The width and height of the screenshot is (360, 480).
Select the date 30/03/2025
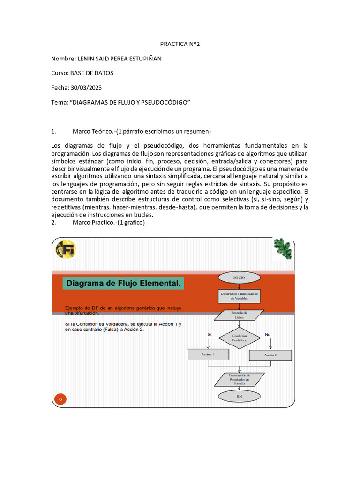click(x=86, y=88)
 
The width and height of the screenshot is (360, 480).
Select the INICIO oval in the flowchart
click(x=239, y=277)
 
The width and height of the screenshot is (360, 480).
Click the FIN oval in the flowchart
click(x=239, y=396)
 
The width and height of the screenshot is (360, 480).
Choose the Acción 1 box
click(x=208, y=355)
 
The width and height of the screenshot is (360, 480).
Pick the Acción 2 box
click(x=270, y=355)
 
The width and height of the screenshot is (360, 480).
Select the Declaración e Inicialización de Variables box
click(x=239, y=296)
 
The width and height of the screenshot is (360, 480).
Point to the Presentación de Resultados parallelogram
click(x=239, y=379)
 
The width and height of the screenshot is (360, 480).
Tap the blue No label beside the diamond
click(x=268, y=334)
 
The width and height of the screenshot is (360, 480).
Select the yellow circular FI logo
click(x=66, y=249)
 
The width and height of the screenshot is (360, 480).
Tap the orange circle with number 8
click(x=60, y=399)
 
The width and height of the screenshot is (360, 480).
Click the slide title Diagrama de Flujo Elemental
click(x=123, y=284)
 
